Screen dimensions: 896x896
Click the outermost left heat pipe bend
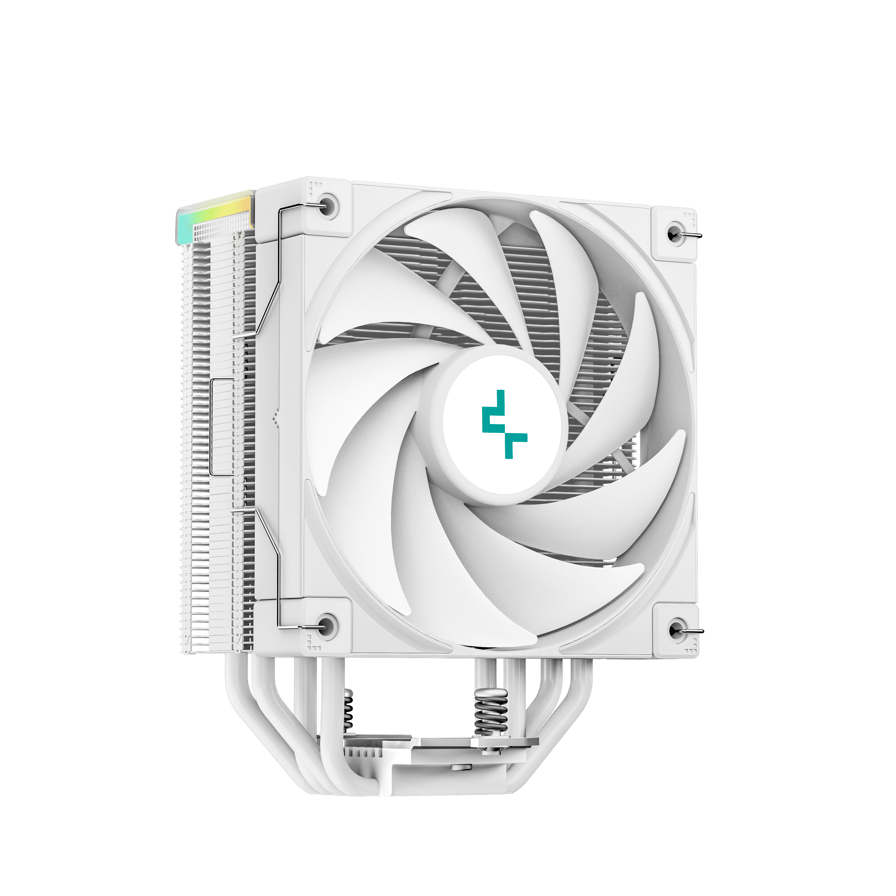241,696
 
